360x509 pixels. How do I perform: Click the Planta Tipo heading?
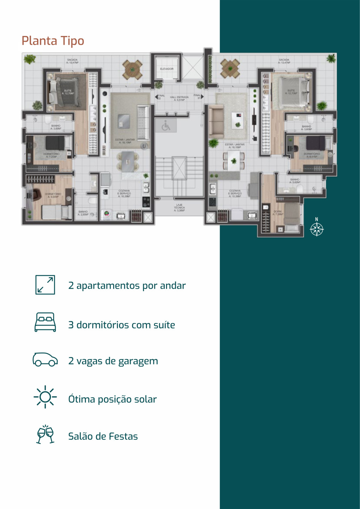tap(53, 41)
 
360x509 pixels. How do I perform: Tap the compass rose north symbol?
tap(317, 229)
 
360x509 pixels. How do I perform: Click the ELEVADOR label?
tap(167, 69)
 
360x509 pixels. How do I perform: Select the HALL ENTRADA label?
tap(179, 98)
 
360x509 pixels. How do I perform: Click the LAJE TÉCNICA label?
tap(179, 207)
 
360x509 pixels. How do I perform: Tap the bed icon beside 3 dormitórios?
tap(45, 322)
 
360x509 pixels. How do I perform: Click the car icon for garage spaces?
tap(45, 359)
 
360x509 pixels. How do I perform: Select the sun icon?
tap(45, 397)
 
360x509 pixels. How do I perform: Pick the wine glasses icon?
tap(45, 434)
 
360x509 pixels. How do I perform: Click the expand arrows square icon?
tap(45, 285)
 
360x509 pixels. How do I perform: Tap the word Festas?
tap(123, 437)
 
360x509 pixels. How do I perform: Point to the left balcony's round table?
tap(132, 69)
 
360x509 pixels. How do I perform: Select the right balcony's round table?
tap(230, 68)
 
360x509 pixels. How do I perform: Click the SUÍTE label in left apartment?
tap(68, 92)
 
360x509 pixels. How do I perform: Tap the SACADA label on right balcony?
tap(284, 61)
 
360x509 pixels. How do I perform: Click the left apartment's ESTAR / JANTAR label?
tap(125, 141)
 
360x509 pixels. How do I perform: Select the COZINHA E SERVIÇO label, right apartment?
tap(235, 193)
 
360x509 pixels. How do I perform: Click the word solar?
tap(145, 399)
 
